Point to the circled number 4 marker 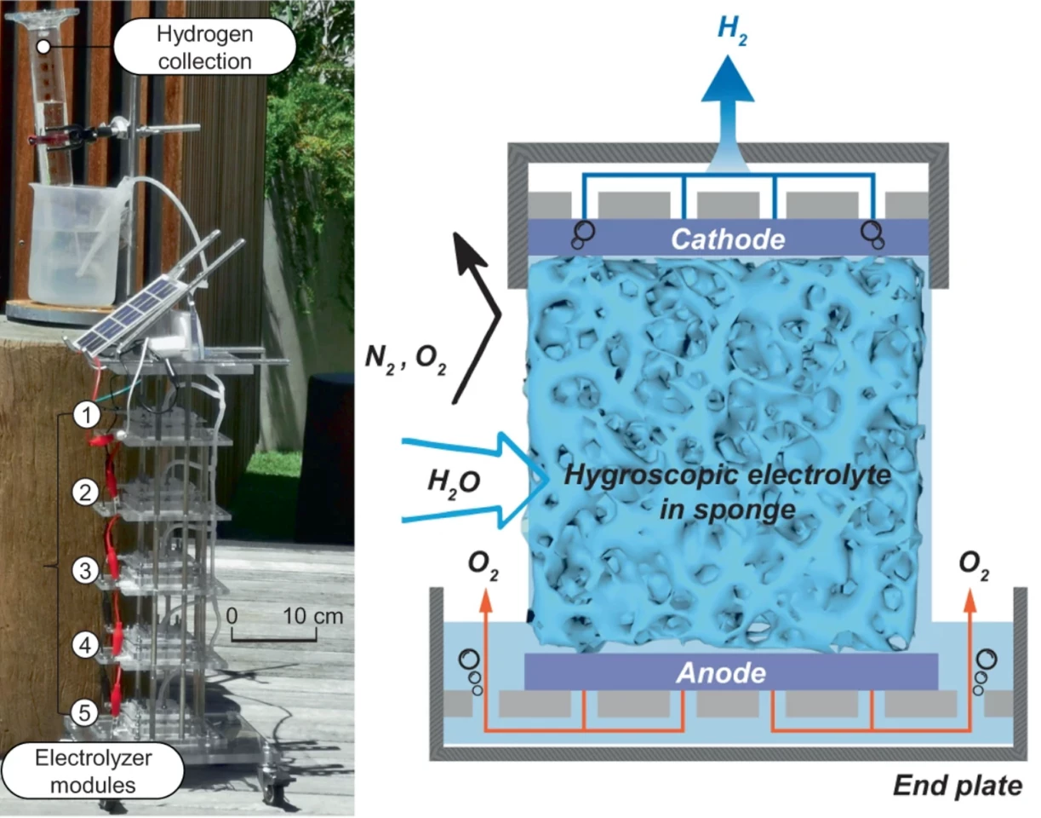pyautogui.click(x=82, y=645)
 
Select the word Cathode pyautogui.click(x=727, y=239)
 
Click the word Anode pyautogui.click(x=722, y=673)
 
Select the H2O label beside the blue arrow pyautogui.click(x=452, y=481)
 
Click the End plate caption pyautogui.click(x=958, y=784)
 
